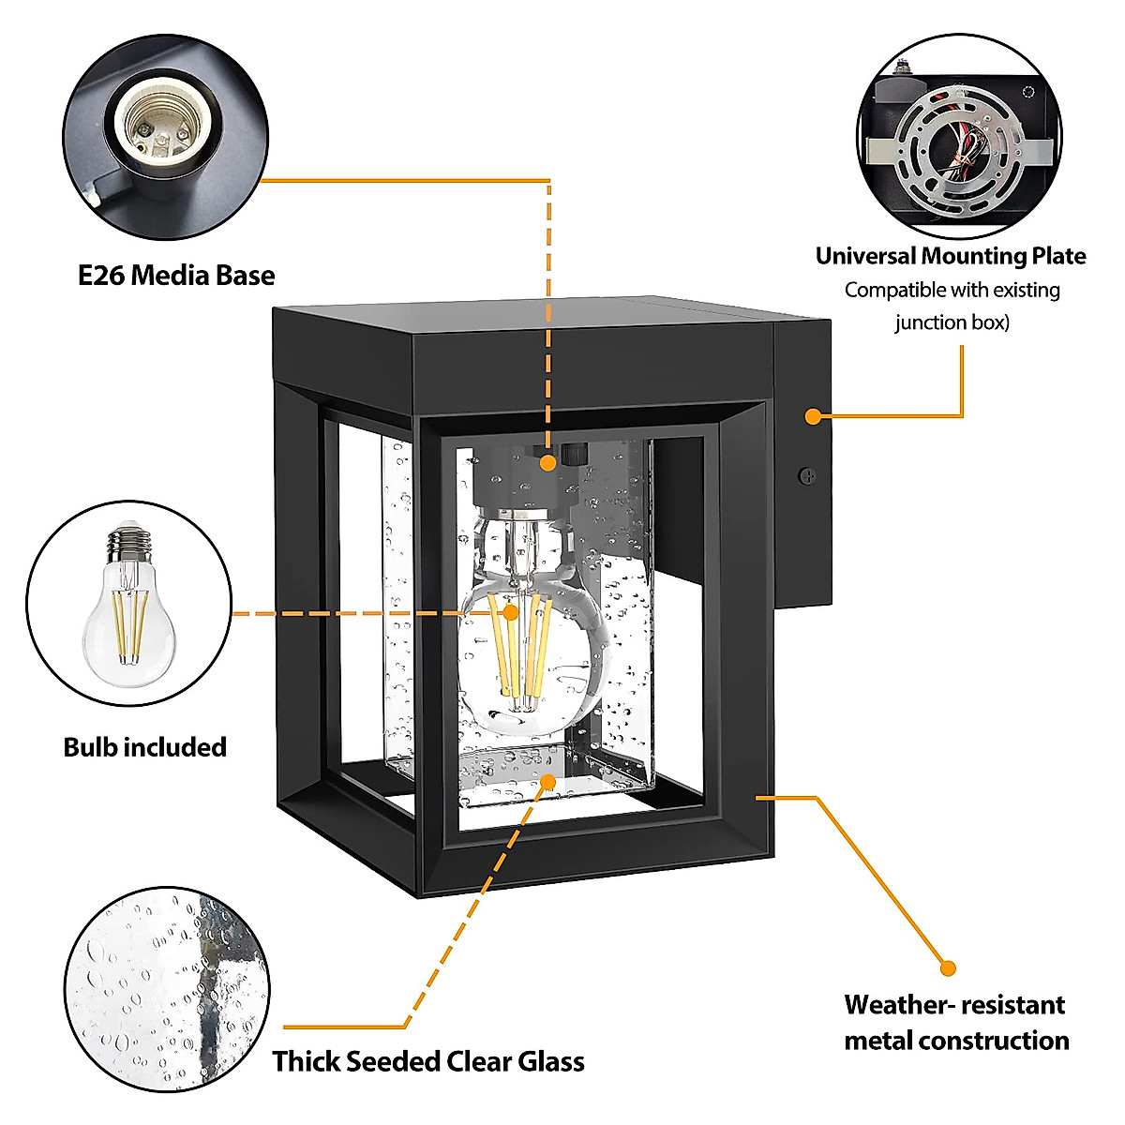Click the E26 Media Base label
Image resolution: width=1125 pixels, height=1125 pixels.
coord(176,276)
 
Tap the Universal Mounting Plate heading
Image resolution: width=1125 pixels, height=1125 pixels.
coord(950,256)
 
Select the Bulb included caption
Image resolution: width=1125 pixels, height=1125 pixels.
coord(145,747)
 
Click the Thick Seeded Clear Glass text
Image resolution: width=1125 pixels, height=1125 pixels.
coord(428,1061)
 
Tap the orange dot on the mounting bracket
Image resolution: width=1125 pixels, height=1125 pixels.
coord(813,415)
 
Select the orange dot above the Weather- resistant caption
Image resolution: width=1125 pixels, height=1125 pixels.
coord(948,968)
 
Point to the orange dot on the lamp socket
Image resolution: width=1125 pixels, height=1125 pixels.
coord(548,461)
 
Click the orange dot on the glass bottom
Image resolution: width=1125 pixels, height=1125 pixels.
coord(548,781)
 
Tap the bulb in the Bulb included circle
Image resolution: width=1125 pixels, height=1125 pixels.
coord(129,609)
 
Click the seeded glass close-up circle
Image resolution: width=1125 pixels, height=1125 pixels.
coord(167,989)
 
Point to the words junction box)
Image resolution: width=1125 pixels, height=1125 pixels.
coord(952,322)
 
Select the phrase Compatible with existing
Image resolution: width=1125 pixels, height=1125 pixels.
coord(952,290)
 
